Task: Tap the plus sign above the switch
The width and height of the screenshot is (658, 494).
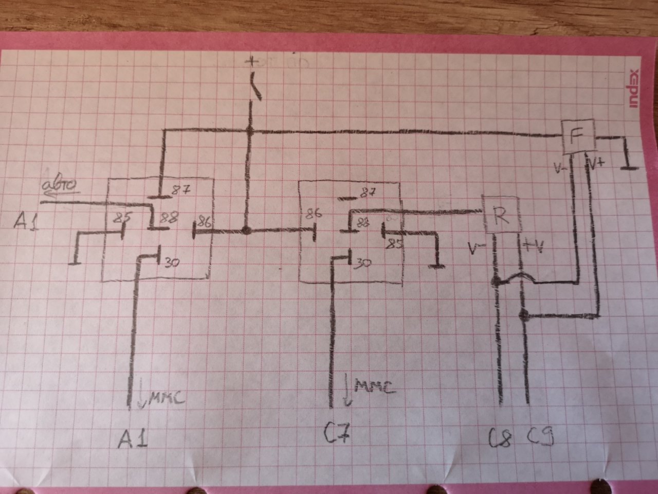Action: pyautogui.click(x=251, y=62)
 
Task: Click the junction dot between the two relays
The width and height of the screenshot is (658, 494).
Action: pyautogui.click(x=246, y=231)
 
